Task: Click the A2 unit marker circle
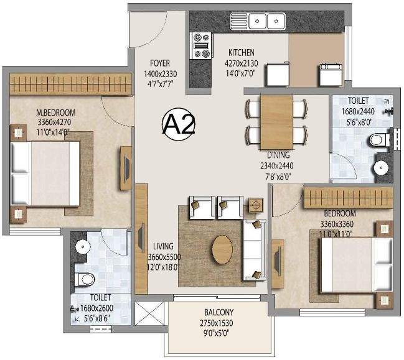(178, 124)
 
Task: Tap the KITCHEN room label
(242, 52)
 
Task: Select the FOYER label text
(160, 63)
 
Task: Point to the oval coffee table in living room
(222, 249)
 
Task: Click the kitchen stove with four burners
(202, 45)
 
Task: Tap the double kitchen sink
(258, 21)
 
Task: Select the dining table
(277, 122)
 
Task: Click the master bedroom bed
(45, 173)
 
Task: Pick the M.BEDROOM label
(56, 113)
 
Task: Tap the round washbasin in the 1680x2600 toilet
(83, 246)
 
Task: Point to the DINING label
(278, 155)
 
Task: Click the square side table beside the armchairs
(256, 205)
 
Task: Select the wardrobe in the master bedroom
(70, 84)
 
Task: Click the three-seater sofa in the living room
(255, 250)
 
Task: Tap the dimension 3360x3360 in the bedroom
(337, 224)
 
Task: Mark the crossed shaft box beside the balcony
(149, 313)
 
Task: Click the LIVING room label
(163, 246)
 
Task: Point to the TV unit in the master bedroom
(126, 168)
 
